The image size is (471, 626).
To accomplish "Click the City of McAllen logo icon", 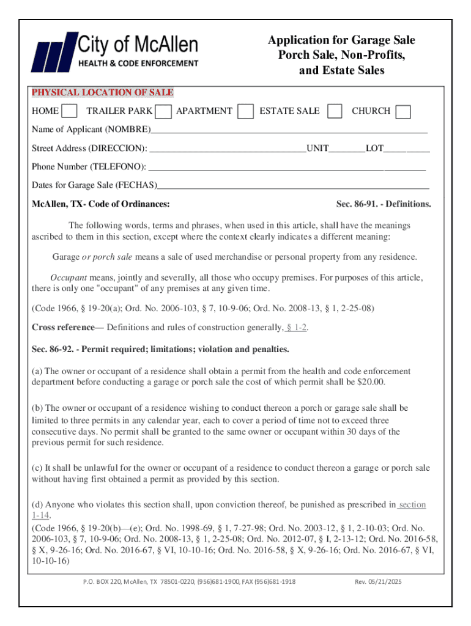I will (x=53, y=53).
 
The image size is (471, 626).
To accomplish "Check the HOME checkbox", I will (x=70, y=111).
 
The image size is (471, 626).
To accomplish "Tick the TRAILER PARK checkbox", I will (x=163, y=111).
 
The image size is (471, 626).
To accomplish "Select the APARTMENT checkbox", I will (x=245, y=111).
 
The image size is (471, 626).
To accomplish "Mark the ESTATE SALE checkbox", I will (x=335, y=111).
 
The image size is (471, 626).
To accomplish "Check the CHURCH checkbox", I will (x=403, y=111).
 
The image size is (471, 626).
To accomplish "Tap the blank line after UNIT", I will (x=347, y=149).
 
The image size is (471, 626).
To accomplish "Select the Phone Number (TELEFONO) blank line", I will (x=287, y=168).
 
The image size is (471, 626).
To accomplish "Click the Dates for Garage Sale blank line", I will (x=293, y=186).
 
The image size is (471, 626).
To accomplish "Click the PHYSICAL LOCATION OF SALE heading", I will (x=103, y=93).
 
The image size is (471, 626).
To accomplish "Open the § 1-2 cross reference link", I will (x=297, y=328).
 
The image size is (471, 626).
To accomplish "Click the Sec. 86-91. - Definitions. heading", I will (x=384, y=204).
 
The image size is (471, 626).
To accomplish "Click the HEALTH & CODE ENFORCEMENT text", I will (x=138, y=64).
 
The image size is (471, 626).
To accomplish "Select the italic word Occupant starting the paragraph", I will (x=69, y=277).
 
